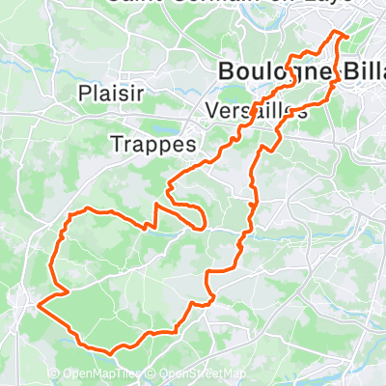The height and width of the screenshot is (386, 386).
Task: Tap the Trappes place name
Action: click(153, 143)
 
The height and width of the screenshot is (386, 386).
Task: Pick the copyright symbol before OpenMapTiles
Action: click(54, 374)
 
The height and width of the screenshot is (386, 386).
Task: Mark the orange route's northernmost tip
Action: click(339, 33)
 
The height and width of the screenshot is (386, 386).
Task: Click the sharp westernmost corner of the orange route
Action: click(40, 308)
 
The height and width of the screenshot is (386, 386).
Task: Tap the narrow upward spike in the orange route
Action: click(154, 207)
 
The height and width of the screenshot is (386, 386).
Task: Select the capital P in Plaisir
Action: click(84, 95)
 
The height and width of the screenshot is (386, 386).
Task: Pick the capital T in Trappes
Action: click(117, 143)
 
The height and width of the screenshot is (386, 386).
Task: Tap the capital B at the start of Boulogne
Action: click(227, 71)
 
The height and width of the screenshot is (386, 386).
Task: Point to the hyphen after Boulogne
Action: click(337, 72)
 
